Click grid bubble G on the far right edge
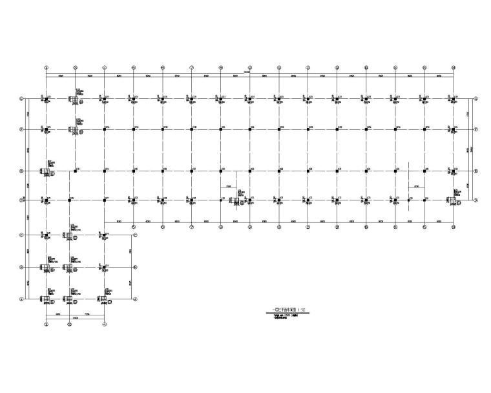tap(475, 99)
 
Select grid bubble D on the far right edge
tap(475, 200)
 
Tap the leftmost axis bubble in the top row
tap(47, 67)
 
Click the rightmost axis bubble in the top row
tap(454, 67)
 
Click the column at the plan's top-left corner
tap(47, 99)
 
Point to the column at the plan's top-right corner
tap(454, 99)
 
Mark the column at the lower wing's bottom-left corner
tap(47, 299)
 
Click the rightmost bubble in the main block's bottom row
tap(454, 228)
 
